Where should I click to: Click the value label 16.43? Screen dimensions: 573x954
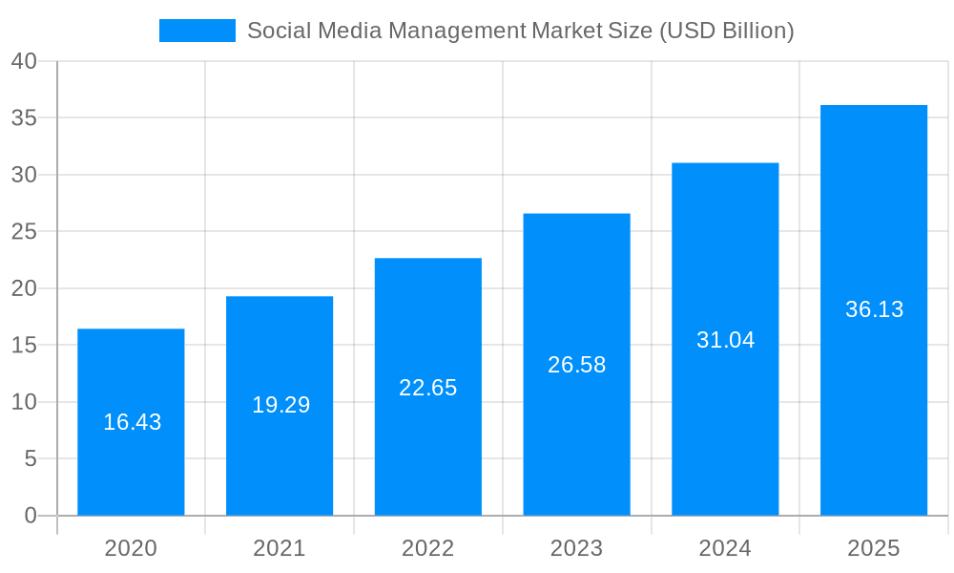pyautogui.click(x=133, y=422)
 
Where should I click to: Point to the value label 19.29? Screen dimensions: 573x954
pyautogui.click(x=280, y=405)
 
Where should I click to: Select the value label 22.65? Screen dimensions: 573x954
pyautogui.click(x=427, y=388)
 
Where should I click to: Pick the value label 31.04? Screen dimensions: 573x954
pyautogui.click(x=725, y=340)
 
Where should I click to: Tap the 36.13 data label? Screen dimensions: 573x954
pyautogui.click(x=874, y=309)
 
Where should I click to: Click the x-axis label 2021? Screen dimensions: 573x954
pyautogui.click(x=280, y=548)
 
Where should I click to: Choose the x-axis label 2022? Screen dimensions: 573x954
pyautogui.click(x=428, y=548)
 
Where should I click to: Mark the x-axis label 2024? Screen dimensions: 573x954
pyautogui.click(x=725, y=548)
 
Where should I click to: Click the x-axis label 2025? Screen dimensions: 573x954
pyautogui.click(x=874, y=548)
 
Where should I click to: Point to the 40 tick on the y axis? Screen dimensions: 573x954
pyautogui.click(x=24, y=61)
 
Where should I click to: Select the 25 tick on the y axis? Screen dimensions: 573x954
pyautogui.click(x=24, y=232)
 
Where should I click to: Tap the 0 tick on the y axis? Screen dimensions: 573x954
pyautogui.click(x=30, y=516)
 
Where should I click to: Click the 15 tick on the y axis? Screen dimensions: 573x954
pyautogui.click(x=24, y=345)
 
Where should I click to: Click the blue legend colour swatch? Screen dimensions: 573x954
pyautogui.click(x=197, y=31)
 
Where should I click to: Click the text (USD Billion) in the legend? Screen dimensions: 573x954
pyautogui.click(x=727, y=31)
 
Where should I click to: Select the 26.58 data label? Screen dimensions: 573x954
pyautogui.click(x=576, y=365)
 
